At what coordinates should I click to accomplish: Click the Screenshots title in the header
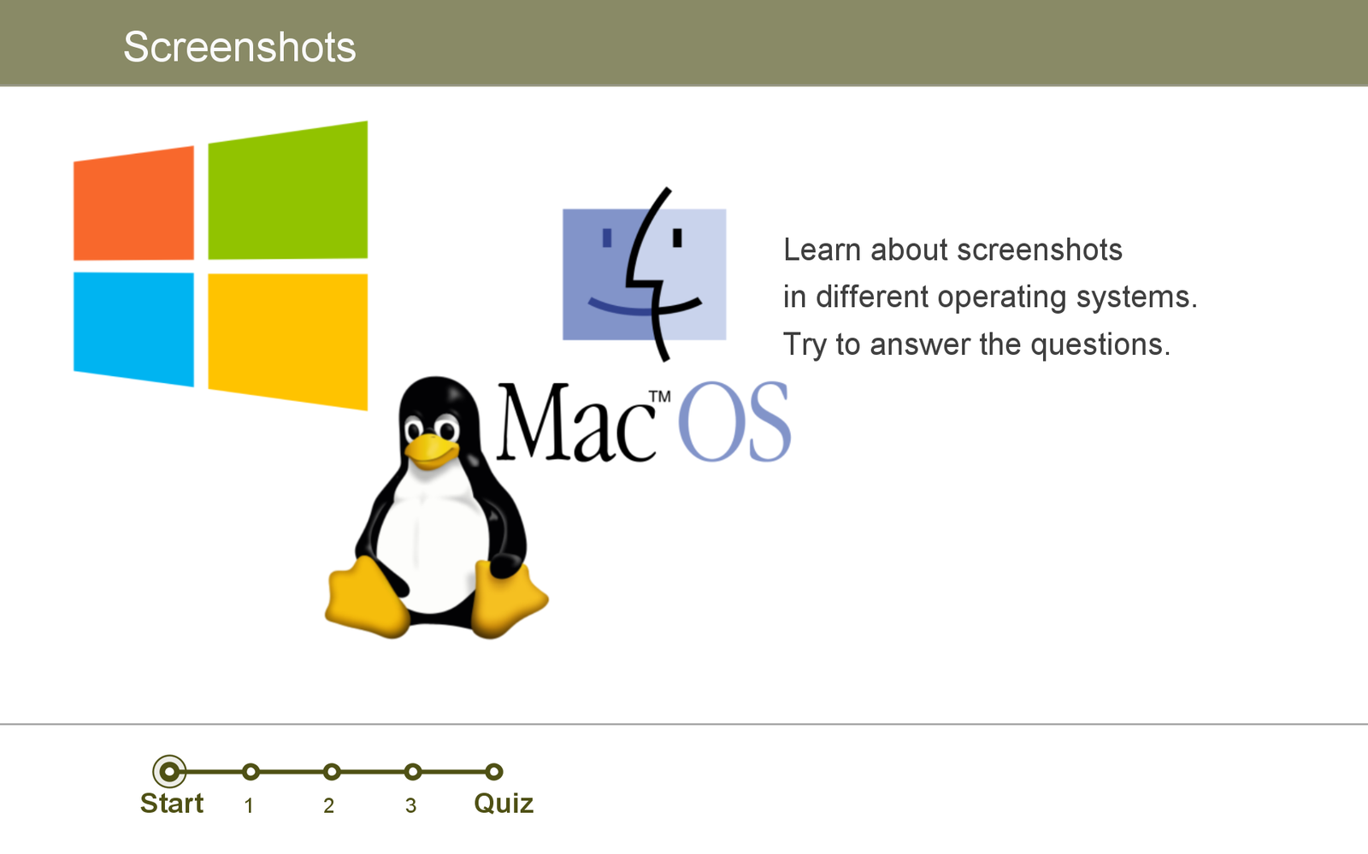(x=239, y=47)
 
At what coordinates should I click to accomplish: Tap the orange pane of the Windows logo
(x=133, y=203)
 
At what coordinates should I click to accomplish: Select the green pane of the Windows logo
(x=287, y=191)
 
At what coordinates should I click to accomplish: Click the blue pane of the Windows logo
(x=133, y=329)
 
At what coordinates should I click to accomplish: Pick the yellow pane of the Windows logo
(x=287, y=342)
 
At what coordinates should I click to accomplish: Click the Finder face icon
(x=645, y=274)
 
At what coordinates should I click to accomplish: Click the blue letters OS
(x=734, y=421)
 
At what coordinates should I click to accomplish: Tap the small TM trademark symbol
(x=659, y=397)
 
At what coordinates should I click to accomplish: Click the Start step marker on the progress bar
(x=169, y=772)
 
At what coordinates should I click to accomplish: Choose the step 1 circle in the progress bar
(x=251, y=772)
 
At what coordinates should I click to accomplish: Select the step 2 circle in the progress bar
(x=332, y=772)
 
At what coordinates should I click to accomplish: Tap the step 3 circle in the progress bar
(x=413, y=772)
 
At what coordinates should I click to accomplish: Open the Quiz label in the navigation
(x=504, y=804)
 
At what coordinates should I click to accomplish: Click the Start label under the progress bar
(x=172, y=804)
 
